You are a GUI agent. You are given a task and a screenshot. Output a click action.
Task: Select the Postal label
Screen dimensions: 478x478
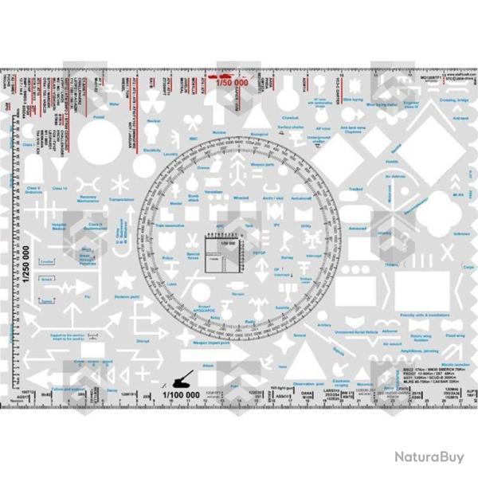100,119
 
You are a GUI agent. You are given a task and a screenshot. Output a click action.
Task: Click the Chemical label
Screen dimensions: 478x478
290,119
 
